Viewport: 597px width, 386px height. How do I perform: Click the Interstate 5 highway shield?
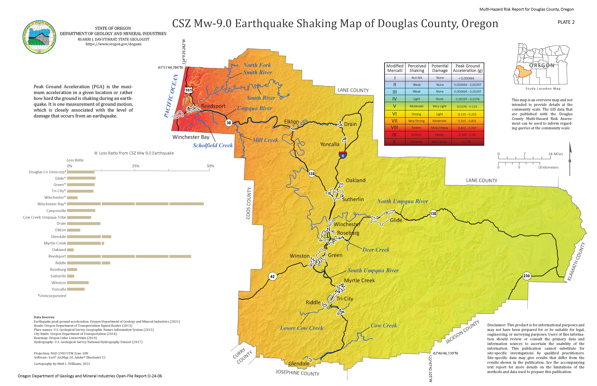click(x=343, y=155)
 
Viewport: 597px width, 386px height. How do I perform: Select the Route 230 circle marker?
click(x=526, y=276)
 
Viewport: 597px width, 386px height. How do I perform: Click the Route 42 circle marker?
click(x=272, y=277)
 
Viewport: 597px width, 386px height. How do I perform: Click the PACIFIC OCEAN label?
click(x=171, y=96)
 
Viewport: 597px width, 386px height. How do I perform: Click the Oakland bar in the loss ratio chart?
click(x=70, y=250)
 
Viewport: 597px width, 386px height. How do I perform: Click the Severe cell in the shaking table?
click(x=416, y=128)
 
